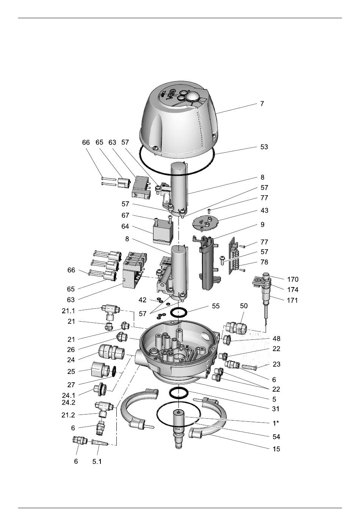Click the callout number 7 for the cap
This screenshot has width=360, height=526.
262,104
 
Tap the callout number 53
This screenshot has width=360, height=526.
264,147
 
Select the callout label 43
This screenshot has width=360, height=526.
264,210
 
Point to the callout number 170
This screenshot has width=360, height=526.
293,279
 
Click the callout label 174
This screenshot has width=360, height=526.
293,290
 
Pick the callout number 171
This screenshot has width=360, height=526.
292,300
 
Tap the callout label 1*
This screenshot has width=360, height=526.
276,423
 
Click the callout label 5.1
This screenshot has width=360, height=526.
97,462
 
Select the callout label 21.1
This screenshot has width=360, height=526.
68,311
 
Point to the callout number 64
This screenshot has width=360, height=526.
125,226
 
